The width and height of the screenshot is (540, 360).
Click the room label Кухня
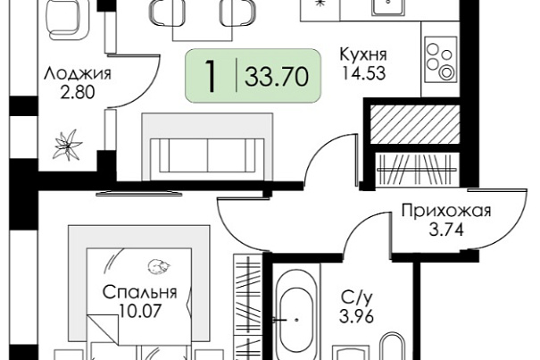pyautogui.click(x=363, y=54)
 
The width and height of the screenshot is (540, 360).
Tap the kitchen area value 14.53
pyautogui.click(x=363, y=73)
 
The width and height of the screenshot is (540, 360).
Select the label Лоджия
pyautogui.click(x=77, y=74)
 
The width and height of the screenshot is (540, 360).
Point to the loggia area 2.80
pyautogui.click(x=77, y=92)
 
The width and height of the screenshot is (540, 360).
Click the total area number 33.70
pyautogui.click(x=277, y=77)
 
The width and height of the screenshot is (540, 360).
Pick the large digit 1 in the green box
pyautogui.click(x=211, y=76)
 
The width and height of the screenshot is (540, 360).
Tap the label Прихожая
pyautogui.click(x=446, y=211)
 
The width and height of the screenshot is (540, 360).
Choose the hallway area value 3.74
pyautogui.click(x=446, y=230)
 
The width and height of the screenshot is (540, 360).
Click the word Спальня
pyautogui.click(x=140, y=292)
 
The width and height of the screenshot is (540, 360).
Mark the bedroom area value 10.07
pyautogui.click(x=140, y=312)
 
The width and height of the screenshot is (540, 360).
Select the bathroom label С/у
pyautogui.click(x=356, y=297)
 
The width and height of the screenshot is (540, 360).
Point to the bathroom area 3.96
pyautogui.click(x=356, y=316)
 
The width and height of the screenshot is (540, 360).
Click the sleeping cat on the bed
pyautogui.click(x=159, y=266)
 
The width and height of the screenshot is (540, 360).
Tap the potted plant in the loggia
pyautogui.click(x=68, y=146)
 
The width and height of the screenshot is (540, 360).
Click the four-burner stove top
pyautogui.click(x=441, y=59)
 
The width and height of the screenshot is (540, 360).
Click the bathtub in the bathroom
pyautogui.click(x=296, y=312)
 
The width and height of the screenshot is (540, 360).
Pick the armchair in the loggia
pyautogui.click(x=66, y=19)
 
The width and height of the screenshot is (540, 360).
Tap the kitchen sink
pyautogui.click(x=388, y=7)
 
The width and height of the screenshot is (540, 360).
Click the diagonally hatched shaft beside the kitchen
pyautogui.click(x=415, y=124)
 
